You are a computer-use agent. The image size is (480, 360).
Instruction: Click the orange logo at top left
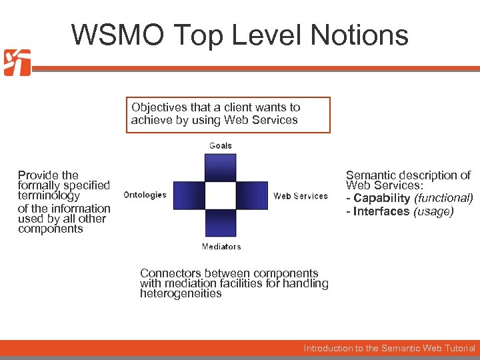(17, 63)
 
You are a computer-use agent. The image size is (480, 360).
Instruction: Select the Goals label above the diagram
(221, 145)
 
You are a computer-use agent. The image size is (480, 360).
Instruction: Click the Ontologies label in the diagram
(145, 195)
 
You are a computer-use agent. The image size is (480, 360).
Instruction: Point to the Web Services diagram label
(301, 196)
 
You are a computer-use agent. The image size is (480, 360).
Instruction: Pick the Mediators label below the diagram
(221, 247)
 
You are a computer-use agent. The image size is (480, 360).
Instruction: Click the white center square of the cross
(221, 195)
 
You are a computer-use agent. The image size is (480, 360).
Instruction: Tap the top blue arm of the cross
(221, 167)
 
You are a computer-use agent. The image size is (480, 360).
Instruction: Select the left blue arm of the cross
(189, 195)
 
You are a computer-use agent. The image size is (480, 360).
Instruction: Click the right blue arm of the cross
(253, 195)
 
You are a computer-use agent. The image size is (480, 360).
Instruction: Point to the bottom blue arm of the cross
(221, 224)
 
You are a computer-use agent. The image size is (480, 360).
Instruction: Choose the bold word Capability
(382, 199)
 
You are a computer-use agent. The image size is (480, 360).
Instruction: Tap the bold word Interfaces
(381, 211)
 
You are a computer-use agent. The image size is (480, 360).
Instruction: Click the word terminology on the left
(49, 196)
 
